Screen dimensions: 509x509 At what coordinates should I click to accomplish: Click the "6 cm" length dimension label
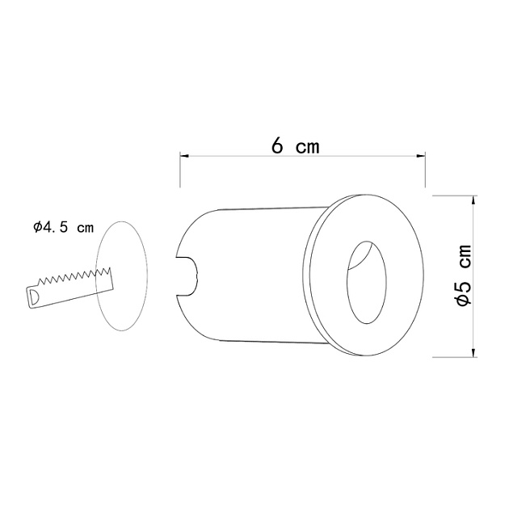(x=295, y=146)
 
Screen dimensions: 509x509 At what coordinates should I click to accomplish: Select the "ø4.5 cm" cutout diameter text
(x=63, y=228)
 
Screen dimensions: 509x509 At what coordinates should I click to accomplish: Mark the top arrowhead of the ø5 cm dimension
(x=473, y=200)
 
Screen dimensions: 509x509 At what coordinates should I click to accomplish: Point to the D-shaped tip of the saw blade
(x=33, y=297)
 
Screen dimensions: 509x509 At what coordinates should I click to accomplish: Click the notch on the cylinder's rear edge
(x=187, y=274)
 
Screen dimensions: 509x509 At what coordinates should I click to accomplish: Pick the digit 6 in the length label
(x=277, y=146)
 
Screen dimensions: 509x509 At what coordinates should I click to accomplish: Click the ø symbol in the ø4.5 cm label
(x=37, y=228)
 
